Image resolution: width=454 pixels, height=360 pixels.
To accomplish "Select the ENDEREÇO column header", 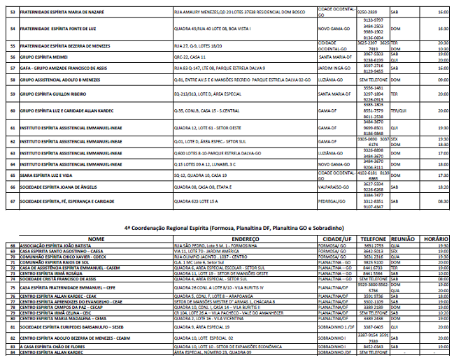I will pos(241,238).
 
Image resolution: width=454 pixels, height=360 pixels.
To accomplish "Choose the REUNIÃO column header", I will pos(404,238).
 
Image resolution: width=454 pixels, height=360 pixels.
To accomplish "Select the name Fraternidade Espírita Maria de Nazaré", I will pos(61,13).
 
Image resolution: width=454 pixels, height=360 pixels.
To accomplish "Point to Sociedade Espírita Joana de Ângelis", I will pos(56,187).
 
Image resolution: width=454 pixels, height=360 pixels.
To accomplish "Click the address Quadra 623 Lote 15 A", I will pos(199,201).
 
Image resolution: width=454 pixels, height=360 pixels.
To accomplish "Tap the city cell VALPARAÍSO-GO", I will pos(336,187).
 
